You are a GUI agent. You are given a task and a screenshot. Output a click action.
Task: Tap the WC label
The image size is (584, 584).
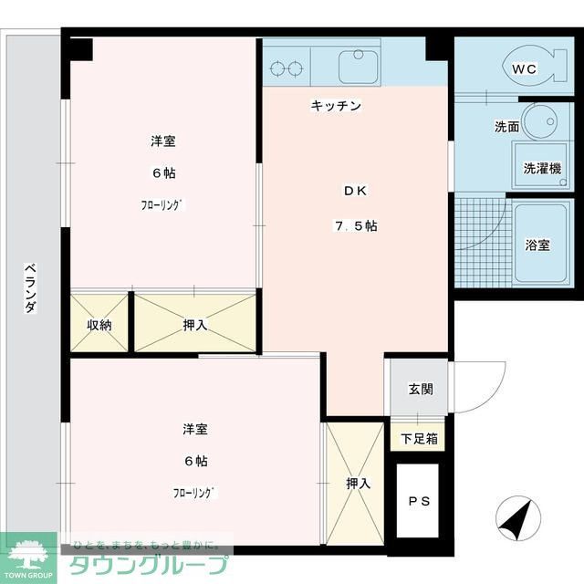pos(523,69)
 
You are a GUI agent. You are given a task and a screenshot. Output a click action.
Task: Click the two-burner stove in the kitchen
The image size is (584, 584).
pos(287,66)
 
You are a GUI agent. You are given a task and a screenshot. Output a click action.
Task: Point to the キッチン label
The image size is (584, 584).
pos(336,107)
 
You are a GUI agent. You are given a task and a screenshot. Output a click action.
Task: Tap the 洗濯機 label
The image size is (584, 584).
pos(542,169)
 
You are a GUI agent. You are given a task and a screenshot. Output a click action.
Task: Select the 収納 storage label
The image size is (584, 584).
pos(99,324)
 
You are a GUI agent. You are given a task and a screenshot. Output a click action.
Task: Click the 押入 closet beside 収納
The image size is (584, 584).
pos(194,324)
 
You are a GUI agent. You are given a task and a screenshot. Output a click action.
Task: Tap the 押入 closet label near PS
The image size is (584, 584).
pos(358,483)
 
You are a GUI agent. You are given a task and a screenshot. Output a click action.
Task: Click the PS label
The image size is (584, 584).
pos(419,502)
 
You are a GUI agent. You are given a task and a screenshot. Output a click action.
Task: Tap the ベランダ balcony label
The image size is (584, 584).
pos(31,287)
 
